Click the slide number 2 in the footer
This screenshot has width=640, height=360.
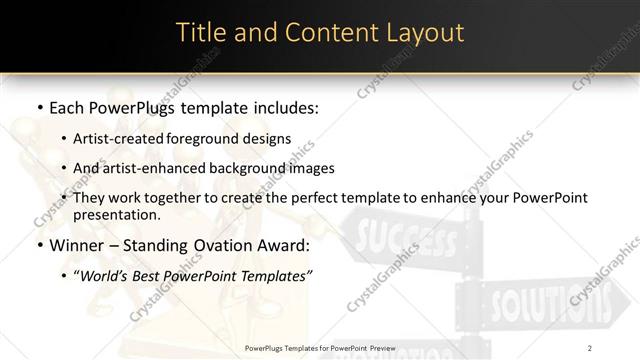[x=591, y=348]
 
